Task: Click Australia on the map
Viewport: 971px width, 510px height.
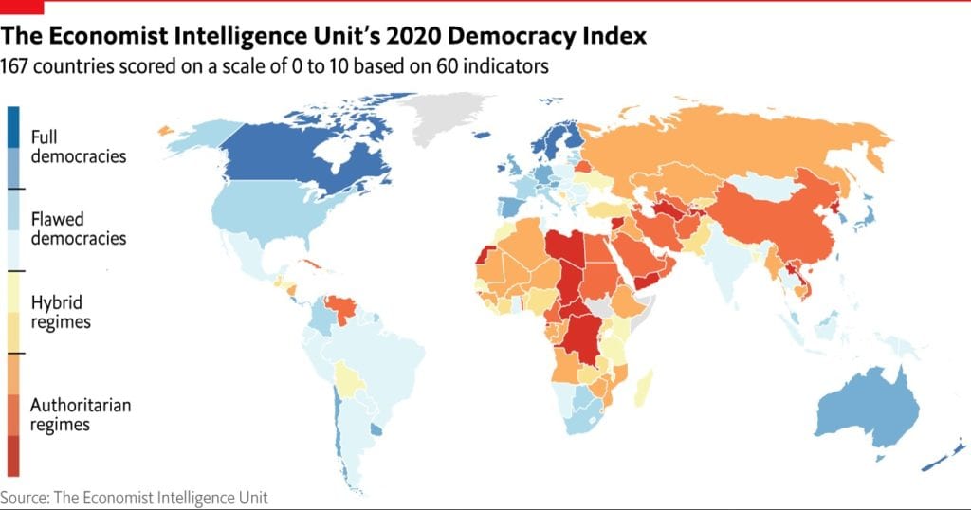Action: [x=868, y=408]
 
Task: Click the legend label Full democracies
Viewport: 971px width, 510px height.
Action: [x=78, y=146]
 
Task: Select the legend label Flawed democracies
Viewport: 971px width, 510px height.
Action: [x=78, y=228]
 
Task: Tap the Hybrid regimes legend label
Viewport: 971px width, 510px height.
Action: [x=61, y=312]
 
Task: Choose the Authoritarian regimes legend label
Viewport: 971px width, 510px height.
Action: [x=80, y=414]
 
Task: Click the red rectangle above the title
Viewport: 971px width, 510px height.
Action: [x=20, y=6]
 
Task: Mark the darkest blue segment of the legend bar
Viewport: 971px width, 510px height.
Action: [x=13, y=126]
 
